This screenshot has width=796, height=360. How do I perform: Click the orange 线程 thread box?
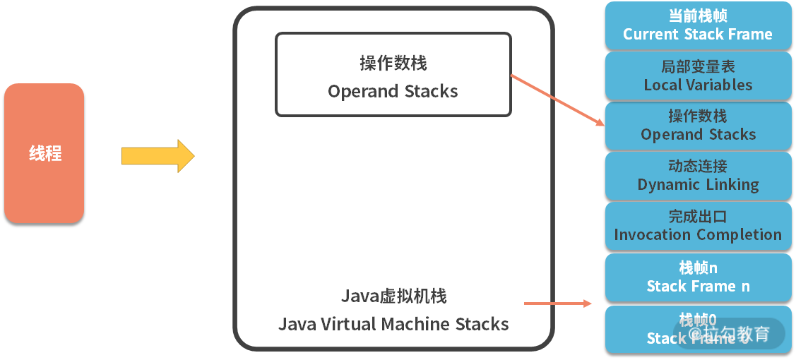[x=44, y=153]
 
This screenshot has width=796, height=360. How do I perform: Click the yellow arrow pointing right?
[x=157, y=156]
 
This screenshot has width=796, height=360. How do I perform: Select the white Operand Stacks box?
[x=393, y=74]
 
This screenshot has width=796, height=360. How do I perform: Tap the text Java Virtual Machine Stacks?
[x=393, y=324]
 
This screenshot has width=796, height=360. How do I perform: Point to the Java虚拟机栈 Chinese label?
[x=393, y=296]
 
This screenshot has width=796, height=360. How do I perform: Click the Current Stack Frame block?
[x=698, y=25]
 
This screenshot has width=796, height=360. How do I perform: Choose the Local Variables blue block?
[x=698, y=76]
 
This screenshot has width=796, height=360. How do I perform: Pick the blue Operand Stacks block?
[x=698, y=126]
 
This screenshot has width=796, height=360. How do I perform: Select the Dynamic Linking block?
[x=698, y=176]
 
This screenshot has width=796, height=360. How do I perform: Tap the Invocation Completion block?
[x=698, y=226]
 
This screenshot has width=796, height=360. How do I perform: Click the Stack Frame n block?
[x=698, y=277]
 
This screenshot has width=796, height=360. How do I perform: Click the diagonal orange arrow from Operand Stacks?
[x=557, y=100]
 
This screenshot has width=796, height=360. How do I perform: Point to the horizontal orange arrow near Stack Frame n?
[x=557, y=304]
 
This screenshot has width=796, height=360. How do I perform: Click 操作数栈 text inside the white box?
[x=393, y=64]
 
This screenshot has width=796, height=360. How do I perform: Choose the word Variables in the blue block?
[x=718, y=85]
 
